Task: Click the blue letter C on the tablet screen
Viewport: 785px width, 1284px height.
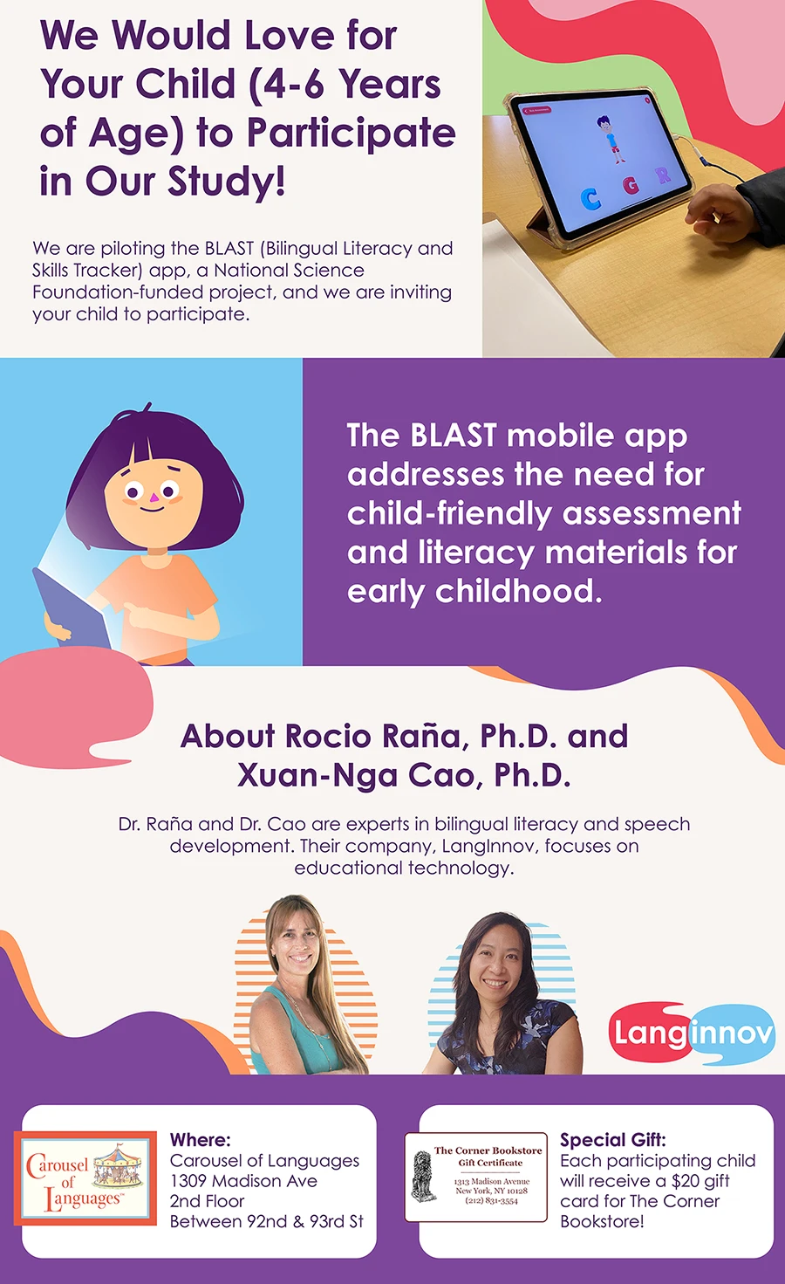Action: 590,199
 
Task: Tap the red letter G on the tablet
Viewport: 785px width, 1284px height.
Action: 631,185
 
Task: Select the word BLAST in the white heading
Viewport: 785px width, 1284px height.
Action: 453,436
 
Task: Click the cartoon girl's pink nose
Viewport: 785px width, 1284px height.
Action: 153,497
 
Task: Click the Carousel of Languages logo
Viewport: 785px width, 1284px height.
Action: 85,1178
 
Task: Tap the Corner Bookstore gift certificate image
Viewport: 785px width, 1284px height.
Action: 476,1177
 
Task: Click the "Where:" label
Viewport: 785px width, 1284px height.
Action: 200,1140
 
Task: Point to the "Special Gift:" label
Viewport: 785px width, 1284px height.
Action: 613,1140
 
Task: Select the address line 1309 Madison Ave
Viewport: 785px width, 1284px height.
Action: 243,1181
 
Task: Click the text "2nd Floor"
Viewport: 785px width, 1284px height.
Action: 207,1201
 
